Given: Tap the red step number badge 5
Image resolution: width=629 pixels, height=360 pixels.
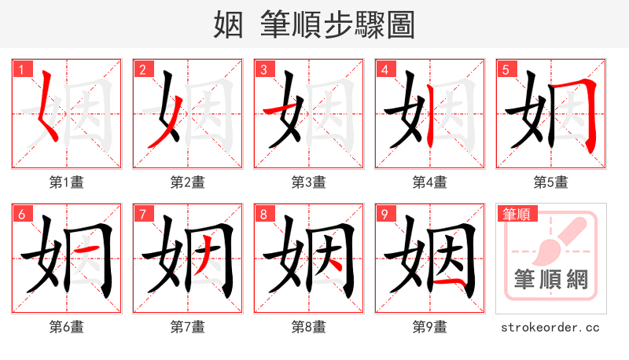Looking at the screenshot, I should click(x=506, y=68).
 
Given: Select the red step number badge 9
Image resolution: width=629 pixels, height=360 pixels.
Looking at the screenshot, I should click(x=384, y=214).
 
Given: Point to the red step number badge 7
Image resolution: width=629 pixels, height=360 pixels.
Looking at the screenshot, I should click(x=142, y=214).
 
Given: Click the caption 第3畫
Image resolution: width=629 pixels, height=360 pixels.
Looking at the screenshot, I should click(x=308, y=182).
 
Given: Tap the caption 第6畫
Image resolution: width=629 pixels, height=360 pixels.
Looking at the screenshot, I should click(x=66, y=326).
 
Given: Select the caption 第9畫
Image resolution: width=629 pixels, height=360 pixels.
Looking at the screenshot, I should click(x=429, y=326).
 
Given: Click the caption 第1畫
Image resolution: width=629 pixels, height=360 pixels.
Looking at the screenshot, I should click(x=66, y=182).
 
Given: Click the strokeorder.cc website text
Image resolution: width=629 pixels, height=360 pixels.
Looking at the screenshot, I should click(x=550, y=326).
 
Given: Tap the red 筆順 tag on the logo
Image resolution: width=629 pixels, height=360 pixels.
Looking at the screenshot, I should click(x=516, y=213).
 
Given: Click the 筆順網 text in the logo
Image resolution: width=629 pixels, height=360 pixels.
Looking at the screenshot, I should click(x=550, y=280).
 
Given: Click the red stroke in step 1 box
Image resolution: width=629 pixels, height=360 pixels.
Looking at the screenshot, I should click(x=49, y=106).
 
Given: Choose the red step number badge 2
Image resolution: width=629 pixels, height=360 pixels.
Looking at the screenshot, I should click(x=142, y=68).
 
